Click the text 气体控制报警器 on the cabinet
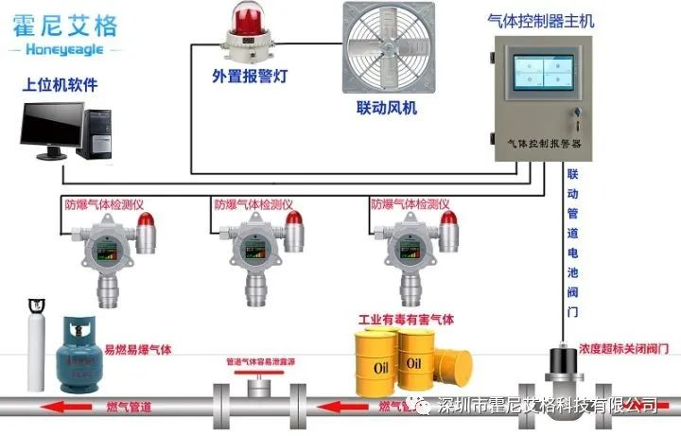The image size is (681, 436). coord(544,143)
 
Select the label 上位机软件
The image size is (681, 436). coord(61,86)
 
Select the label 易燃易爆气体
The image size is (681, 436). coord(138,350)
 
